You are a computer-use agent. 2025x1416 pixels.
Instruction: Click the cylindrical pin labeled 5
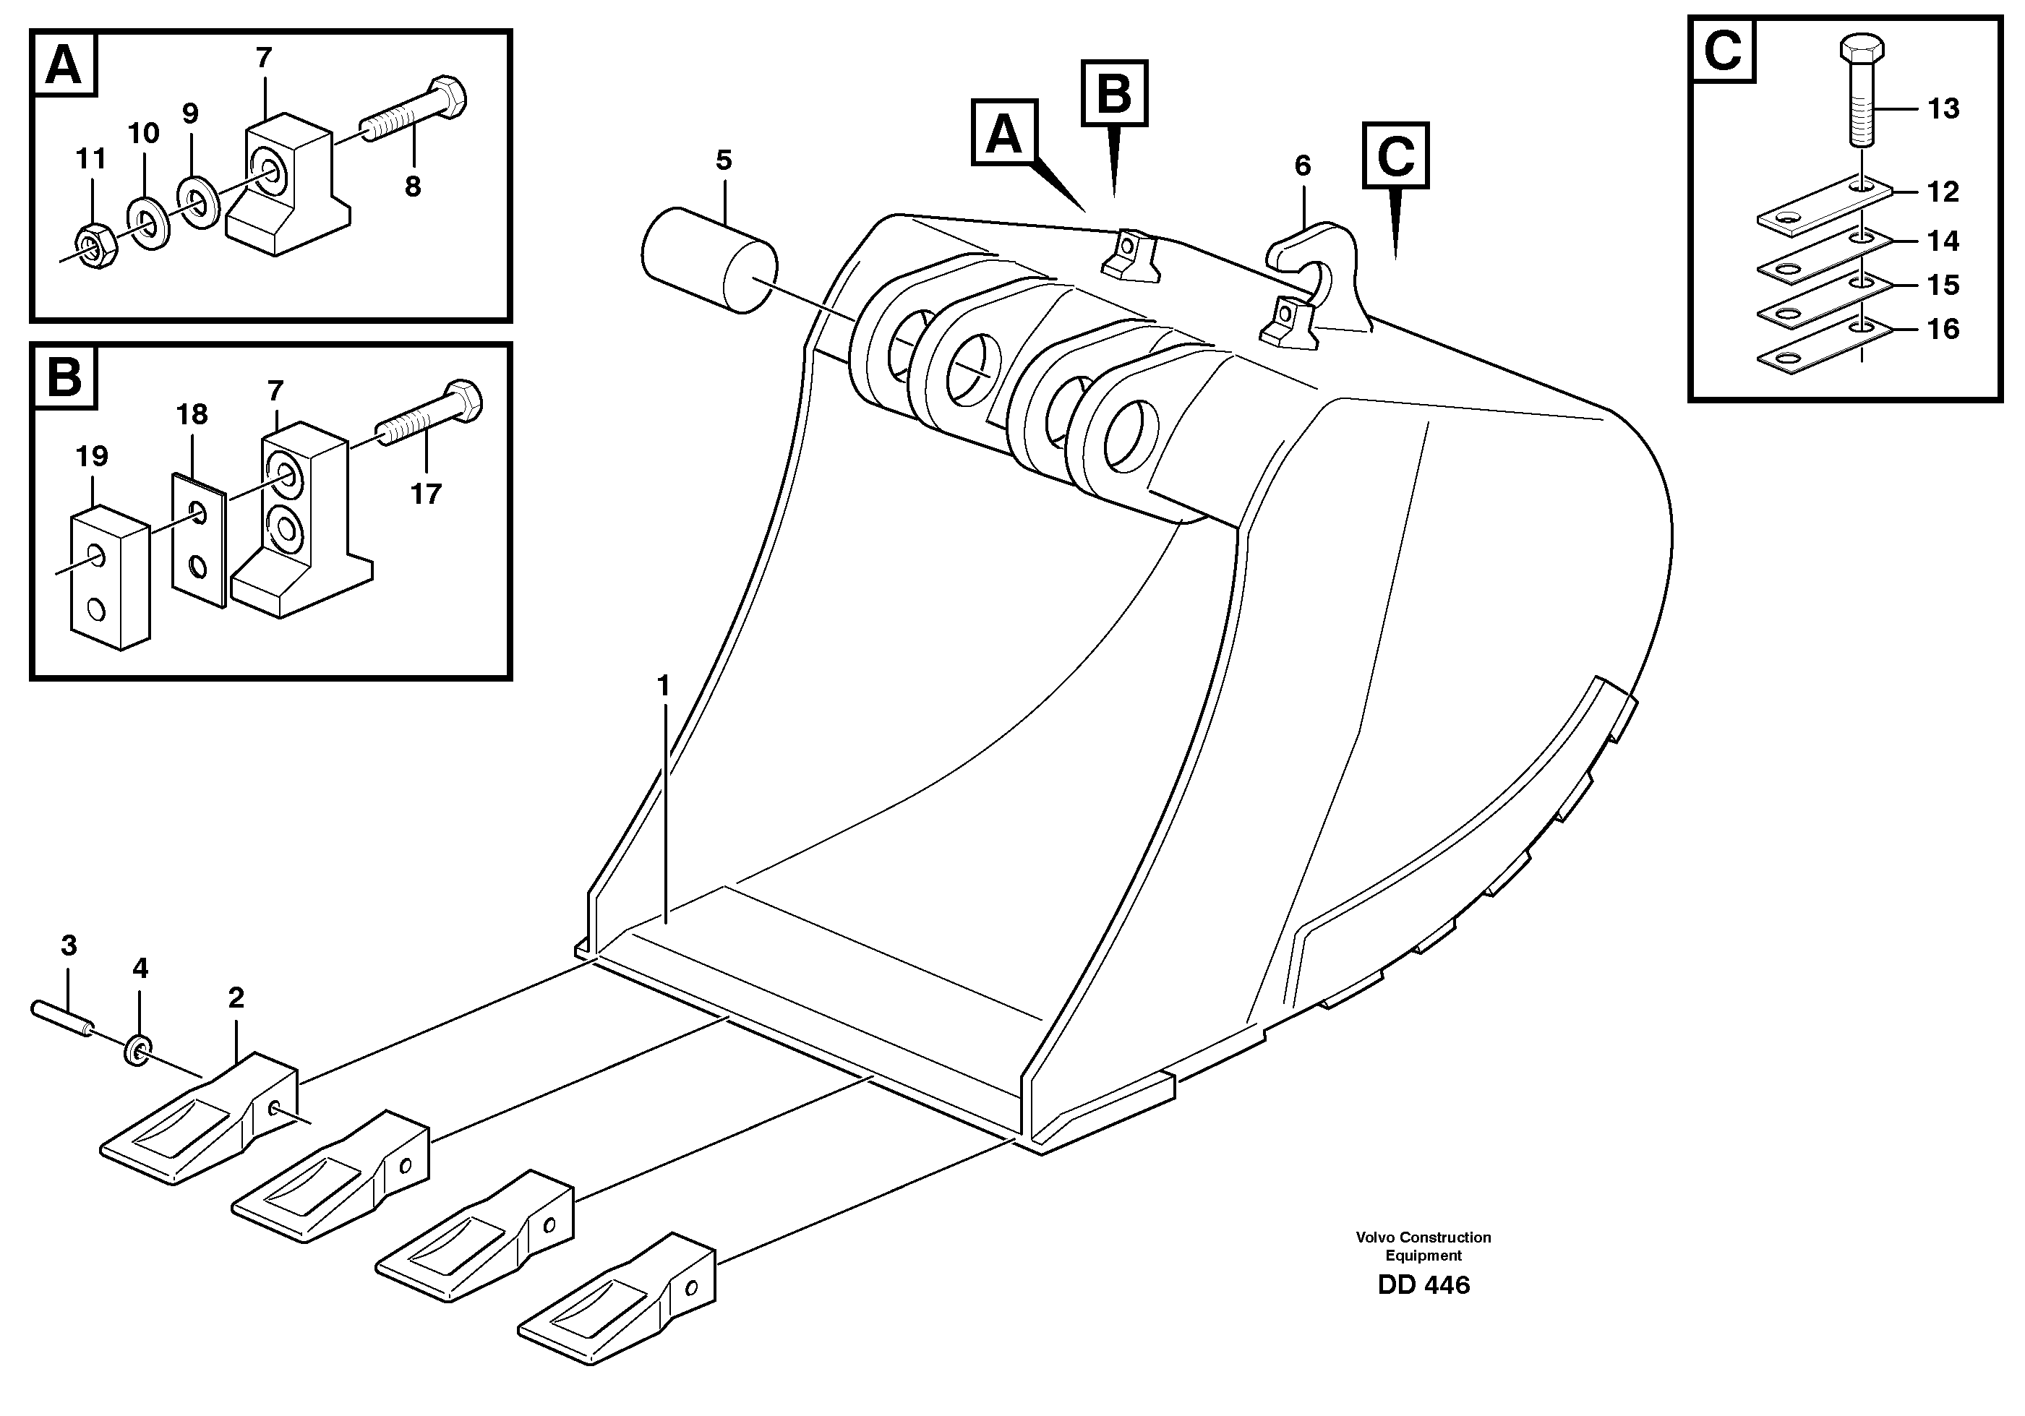tap(710, 259)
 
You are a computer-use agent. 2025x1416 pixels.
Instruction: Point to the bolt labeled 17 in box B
tap(429, 419)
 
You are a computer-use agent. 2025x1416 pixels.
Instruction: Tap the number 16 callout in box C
tap(1943, 329)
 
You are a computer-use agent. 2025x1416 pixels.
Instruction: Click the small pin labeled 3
tap(61, 1018)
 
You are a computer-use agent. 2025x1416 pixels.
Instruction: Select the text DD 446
tap(1423, 1284)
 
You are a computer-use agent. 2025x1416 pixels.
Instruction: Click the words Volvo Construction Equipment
tap(1423, 1246)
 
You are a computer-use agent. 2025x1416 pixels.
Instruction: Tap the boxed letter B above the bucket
tap(1114, 93)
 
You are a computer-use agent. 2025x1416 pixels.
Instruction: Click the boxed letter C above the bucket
tap(1395, 155)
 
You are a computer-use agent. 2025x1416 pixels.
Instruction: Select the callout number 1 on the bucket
tap(663, 685)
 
